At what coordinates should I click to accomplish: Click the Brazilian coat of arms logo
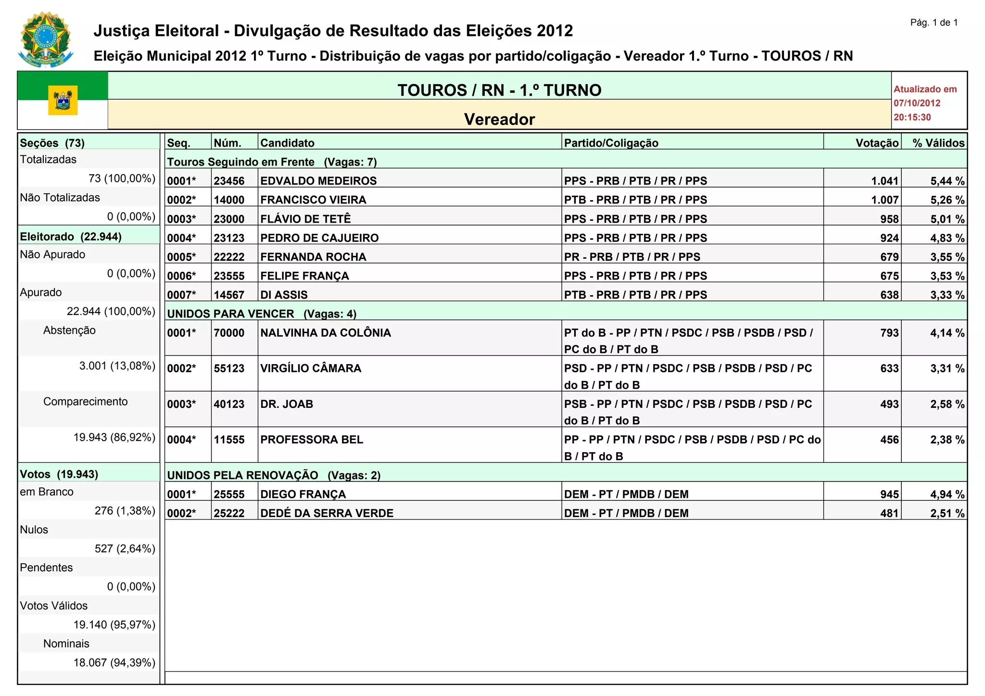(x=46, y=39)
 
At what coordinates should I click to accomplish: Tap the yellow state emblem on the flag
(x=63, y=101)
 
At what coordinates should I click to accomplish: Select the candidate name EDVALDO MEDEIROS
(x=318, y=181)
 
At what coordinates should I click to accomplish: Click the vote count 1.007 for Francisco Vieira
(x=884, y=200)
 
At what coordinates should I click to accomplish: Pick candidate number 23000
(x=229, y=219)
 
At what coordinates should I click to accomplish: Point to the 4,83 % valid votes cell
(x=947, y=238)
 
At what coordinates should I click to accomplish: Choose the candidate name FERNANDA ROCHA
(x=313, y=257)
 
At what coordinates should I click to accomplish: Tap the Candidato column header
(x=287, y=143)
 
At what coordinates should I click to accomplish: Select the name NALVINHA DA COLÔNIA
(x=326, y=333)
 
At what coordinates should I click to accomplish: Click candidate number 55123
(x=229, y=368)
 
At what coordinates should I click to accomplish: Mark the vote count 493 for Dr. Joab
(x=889, y=404)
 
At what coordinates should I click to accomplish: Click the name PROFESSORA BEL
(x=312, y=440)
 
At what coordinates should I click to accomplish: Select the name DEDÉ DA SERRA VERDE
(x=327, y=513)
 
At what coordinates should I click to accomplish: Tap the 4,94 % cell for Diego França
(x=947, y=494)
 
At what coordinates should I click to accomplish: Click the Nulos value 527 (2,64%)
(x=125, y=549)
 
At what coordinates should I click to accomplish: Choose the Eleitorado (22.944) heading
(x=71, y=237)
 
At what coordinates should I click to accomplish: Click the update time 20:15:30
(x=912, y=117)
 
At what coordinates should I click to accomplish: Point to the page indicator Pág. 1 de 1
(x=934, y=23)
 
